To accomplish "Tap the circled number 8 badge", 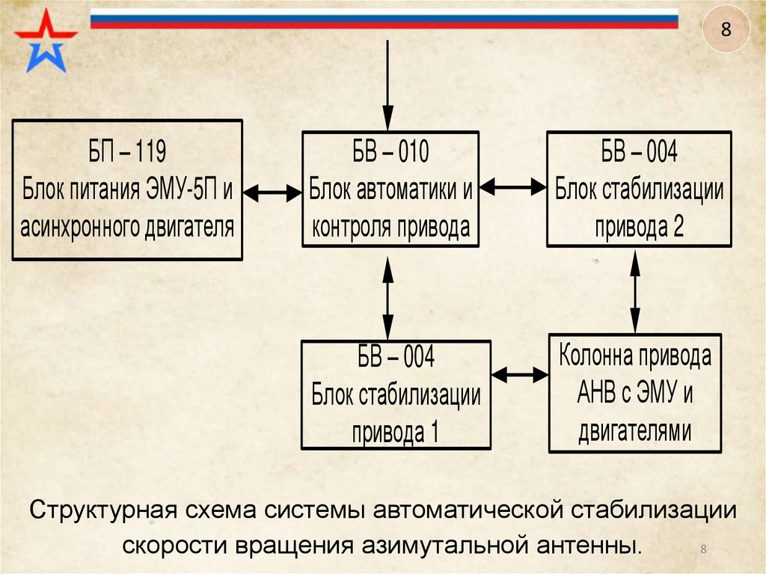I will click(724, 30).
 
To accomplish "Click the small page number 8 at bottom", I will click(703, 551).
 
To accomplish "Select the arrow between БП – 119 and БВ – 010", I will click(272, 192).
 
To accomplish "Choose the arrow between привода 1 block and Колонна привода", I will click(520, 372).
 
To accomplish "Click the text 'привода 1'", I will click(394, 432).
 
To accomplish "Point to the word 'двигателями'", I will click(634, 432).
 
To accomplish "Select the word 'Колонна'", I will click(595, 356).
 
